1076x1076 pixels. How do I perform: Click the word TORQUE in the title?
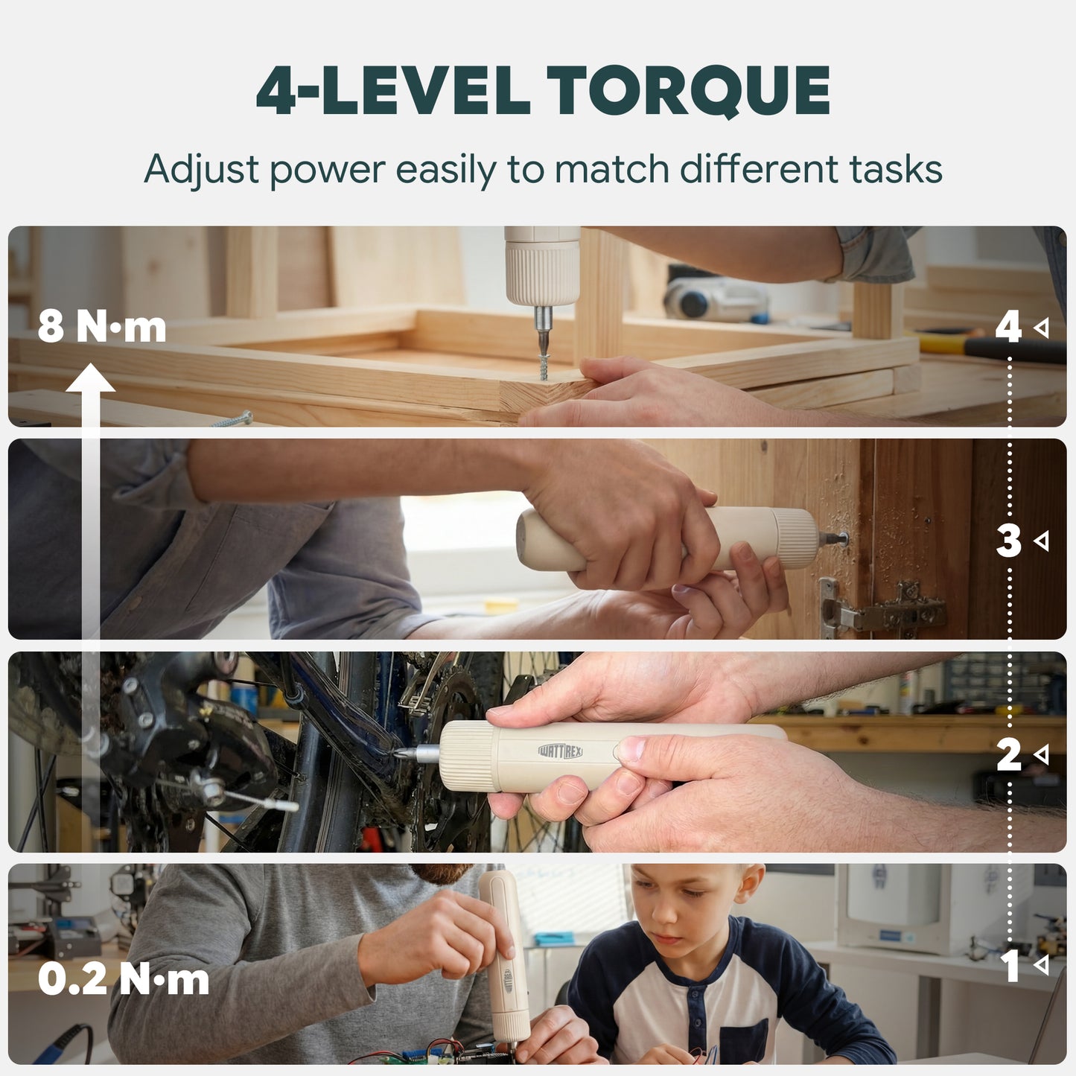(688, 91)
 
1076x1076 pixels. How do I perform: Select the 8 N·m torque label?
(102, 327)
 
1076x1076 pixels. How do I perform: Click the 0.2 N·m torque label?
(124, 979)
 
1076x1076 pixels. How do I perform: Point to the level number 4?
(1008, 327)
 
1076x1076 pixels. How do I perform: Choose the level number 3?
(1008, 541)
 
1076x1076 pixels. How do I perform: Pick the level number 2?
(1008, 755)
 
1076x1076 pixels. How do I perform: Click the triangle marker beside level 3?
(1041, 541)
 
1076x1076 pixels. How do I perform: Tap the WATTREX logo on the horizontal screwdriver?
(561, 751)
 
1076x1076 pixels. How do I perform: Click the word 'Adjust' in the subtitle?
(202, 169)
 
